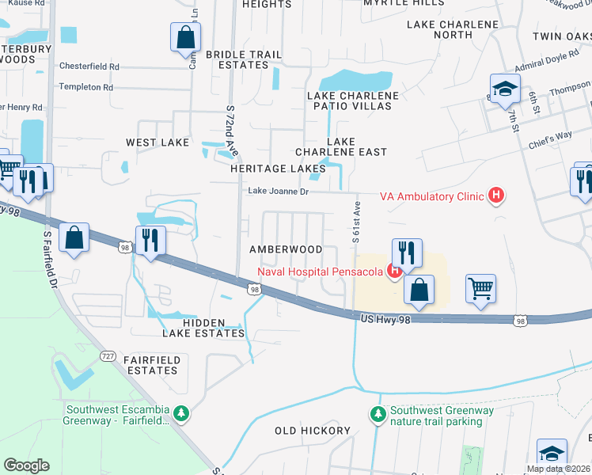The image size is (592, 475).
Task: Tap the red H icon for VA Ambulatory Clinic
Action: coord(496,195)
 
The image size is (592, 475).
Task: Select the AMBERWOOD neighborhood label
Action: coord(286,249)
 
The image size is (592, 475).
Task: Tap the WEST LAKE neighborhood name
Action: coord(157,142)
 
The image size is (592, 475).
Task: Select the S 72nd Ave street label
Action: coord(231,131)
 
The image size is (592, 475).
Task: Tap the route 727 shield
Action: coord(108,357)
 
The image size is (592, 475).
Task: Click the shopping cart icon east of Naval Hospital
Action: coord(480,288)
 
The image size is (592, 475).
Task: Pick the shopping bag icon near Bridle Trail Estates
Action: coord(185,36)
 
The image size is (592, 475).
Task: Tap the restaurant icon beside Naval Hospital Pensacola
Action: coord(407,253)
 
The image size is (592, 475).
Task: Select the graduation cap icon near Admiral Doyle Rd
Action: coord(504,89)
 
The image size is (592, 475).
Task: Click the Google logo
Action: coord(26,465)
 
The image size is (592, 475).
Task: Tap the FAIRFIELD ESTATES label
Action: coord(151,365)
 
